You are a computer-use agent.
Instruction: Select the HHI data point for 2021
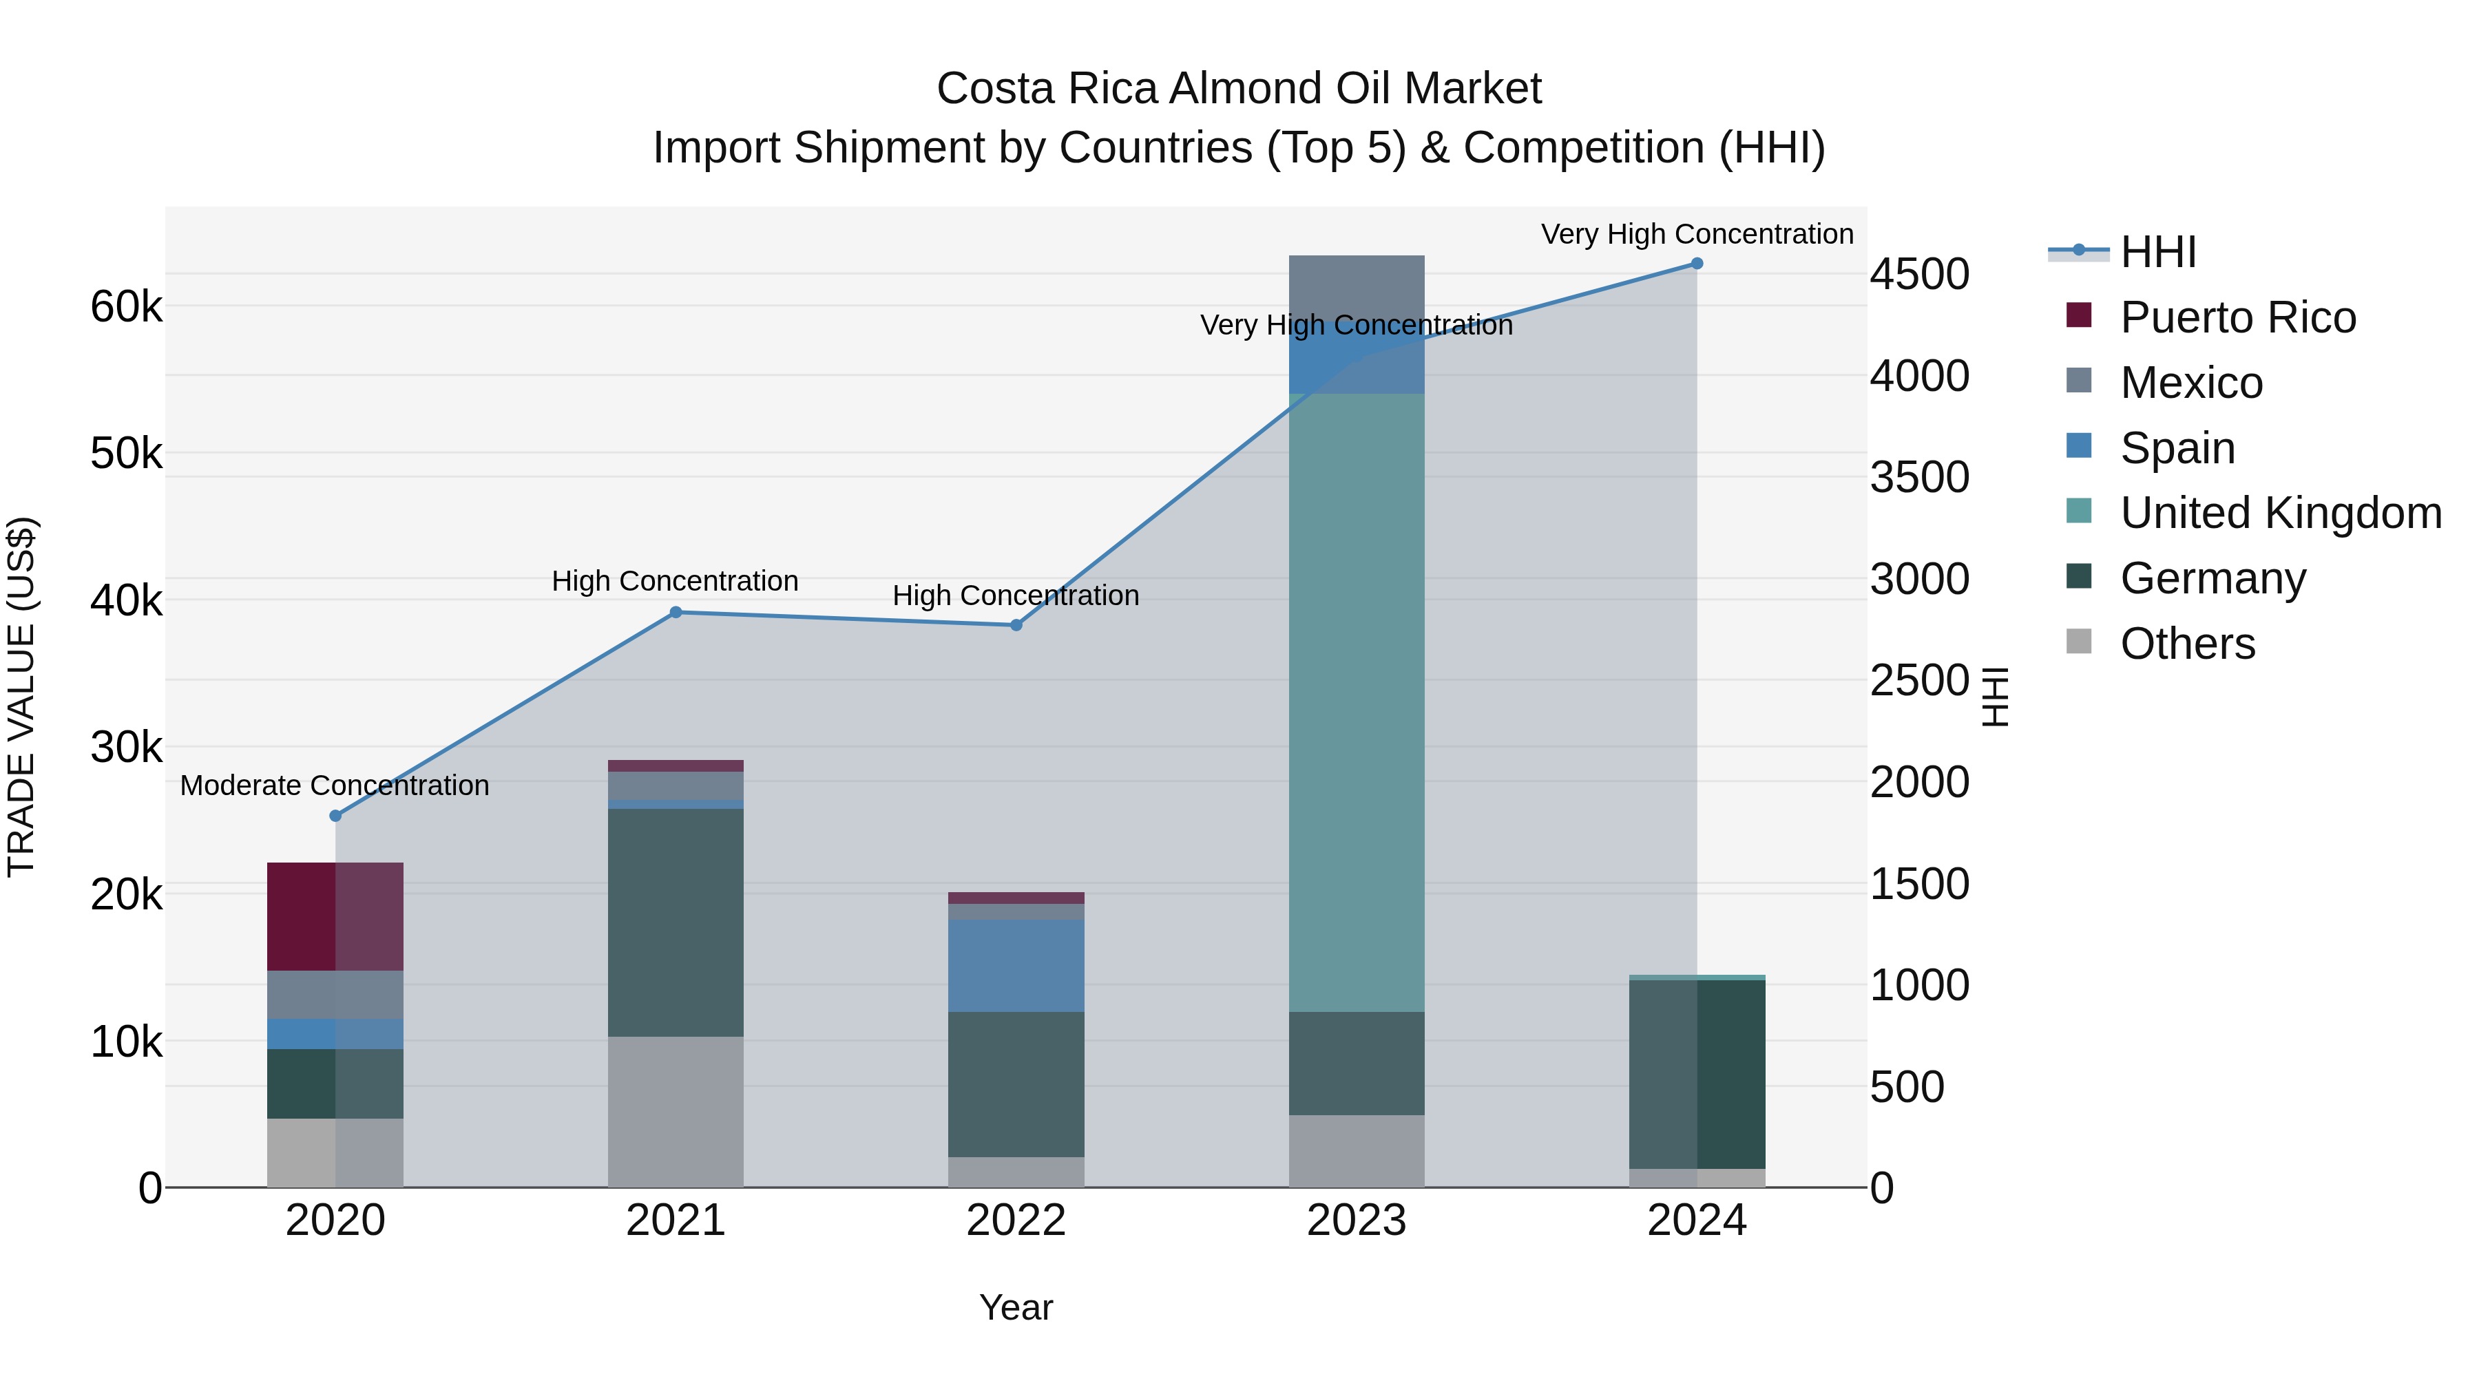pyautogui.click(x=676, y=613)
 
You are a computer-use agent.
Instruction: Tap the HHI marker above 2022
pyautogui.click(x=1016, y=625)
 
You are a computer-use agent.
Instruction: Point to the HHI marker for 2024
pyautogui.click(x=1697, y=264)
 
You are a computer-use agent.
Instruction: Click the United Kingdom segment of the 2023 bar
pyautogui.click(x=1356, y=702)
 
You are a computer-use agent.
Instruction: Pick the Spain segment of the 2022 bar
pyautogui.click(x=1016, y=965)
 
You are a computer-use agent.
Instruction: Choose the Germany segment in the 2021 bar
pyautogui.click(x=676, y=922)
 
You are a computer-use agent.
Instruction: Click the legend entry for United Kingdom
pyautogui.click(x=2280, y=513)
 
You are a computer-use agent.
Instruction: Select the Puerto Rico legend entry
pyautogui.click(x=2237, y=317)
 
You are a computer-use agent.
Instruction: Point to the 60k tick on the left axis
pyautogui.click(x=126, y=308)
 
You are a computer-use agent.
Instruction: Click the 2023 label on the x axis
pyautogui.click(x=1356, y=1221)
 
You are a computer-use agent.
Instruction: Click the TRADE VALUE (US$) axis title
pyautogui.click(x=21, y=697)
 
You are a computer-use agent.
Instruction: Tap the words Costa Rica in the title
pyautogui.click(x=1048, y=89)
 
